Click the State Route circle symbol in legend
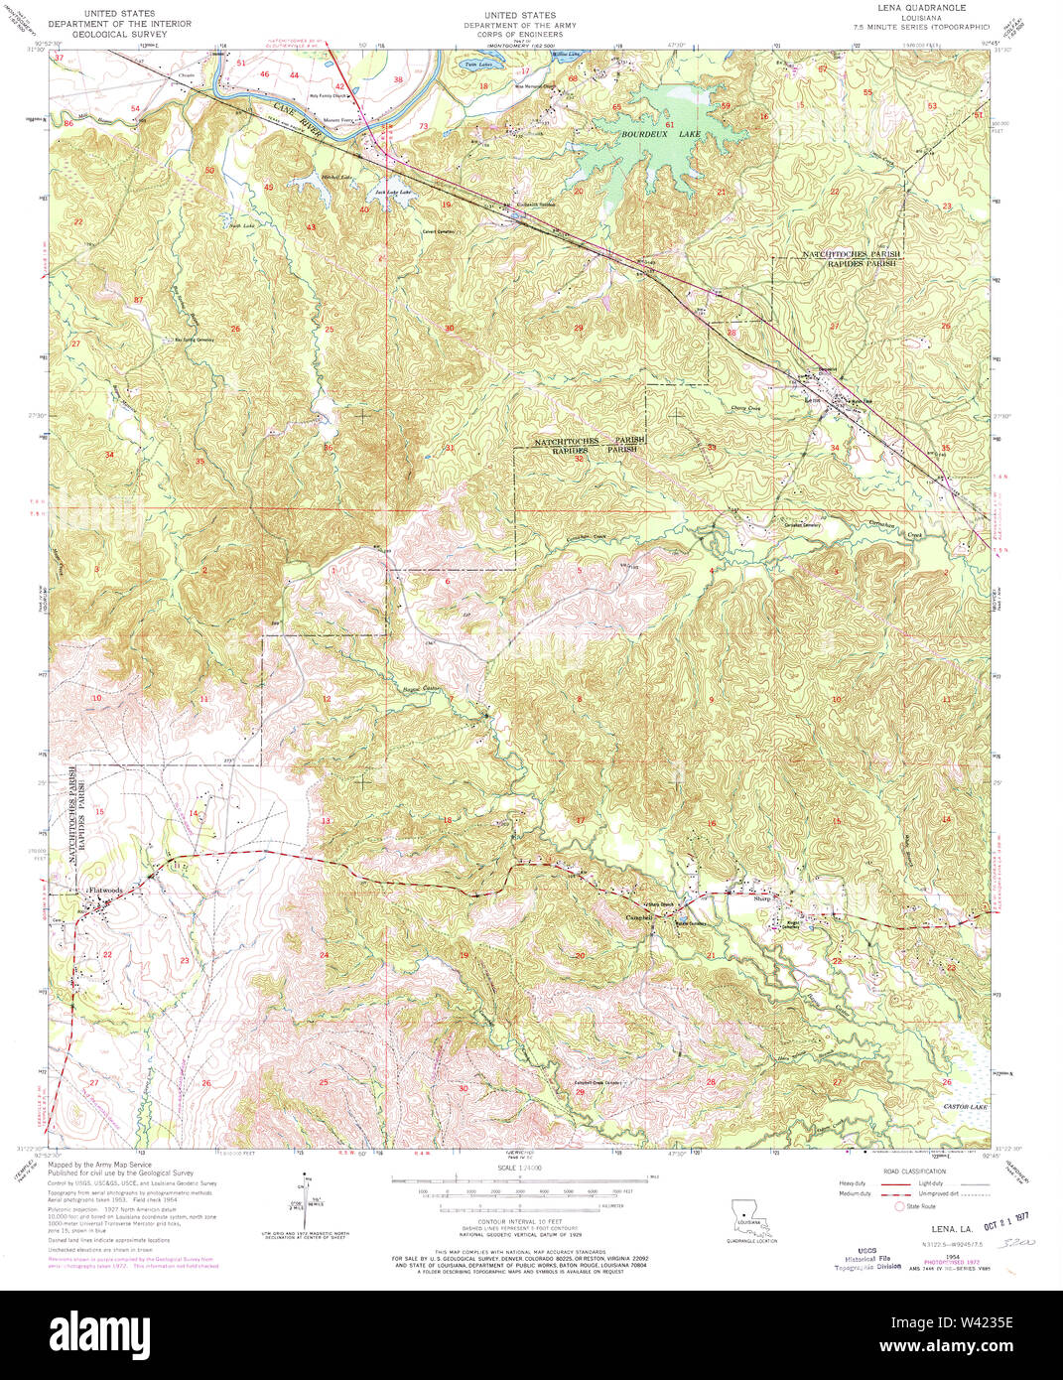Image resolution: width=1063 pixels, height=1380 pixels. [901, 1207]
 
